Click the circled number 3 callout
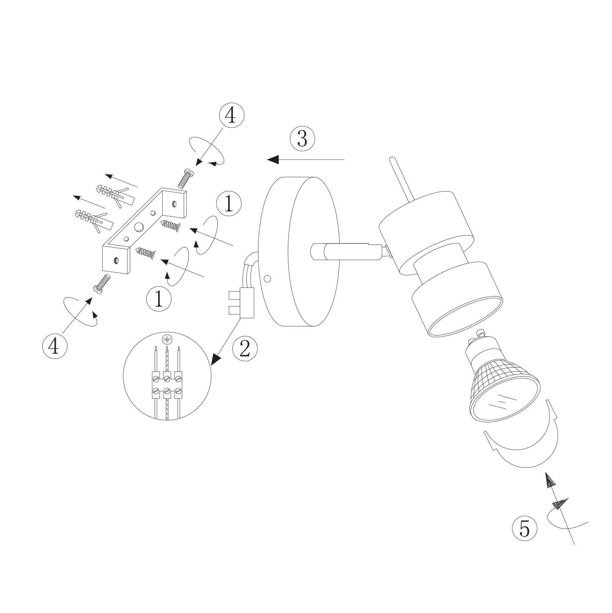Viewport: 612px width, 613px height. click(x=302, y=139)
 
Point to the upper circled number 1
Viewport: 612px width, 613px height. click(x=229, y=204)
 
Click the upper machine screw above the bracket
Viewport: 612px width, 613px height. click(x=186, y=177)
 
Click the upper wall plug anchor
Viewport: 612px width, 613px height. click(x=114, y=193)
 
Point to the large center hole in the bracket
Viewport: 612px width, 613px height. click(x=140, y=227)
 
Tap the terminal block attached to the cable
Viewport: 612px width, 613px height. click(x=241, y=303)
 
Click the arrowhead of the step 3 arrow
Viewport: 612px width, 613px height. click(x=273, y=160)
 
